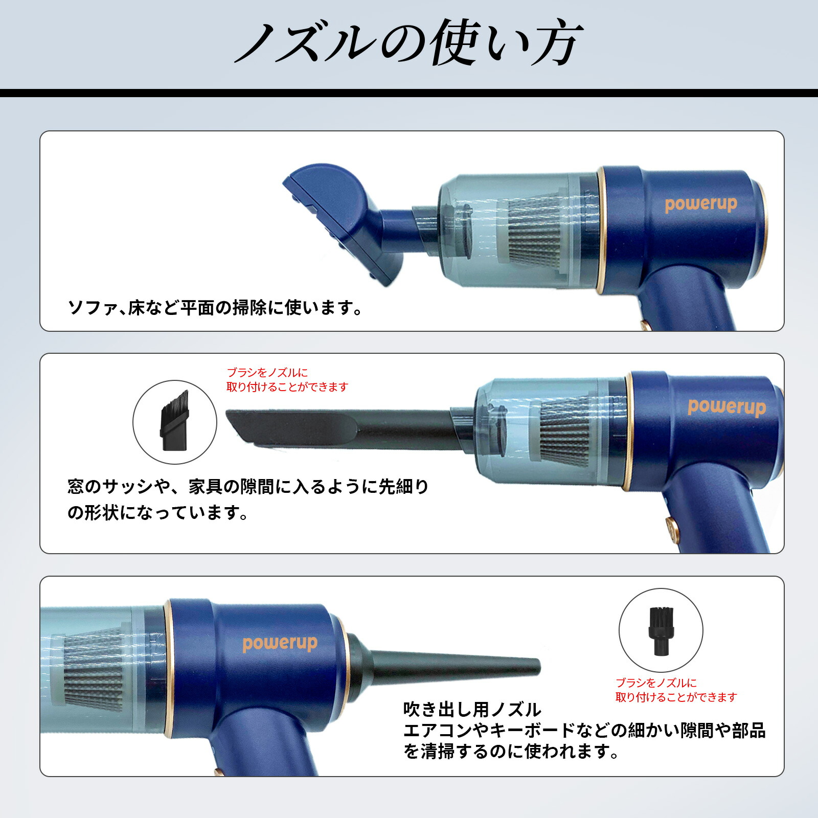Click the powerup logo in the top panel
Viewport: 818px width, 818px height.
point(700,204)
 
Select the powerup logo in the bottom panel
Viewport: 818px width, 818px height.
point(280,643)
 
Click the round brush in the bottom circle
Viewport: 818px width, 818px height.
point(661,630)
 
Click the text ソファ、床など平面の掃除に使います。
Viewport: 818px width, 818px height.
point(215,308)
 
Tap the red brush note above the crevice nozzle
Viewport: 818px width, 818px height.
point(286,380)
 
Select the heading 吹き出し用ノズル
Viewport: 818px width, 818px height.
point(471,710)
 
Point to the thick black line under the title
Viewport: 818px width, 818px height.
point(409,93)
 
